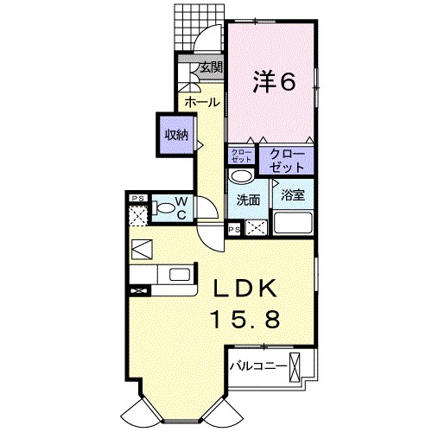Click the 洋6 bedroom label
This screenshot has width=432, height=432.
[x=275, y=82]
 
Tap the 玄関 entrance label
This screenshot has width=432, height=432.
[x=210, y=67]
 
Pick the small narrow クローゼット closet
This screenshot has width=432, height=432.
[x=239, y=156]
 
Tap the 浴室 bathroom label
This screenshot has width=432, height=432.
[x=292, y=195]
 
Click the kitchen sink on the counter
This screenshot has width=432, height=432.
[x=179, y=275]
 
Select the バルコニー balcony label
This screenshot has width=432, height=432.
[x=258, y=366]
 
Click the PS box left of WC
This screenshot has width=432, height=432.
[x=137, y=198]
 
